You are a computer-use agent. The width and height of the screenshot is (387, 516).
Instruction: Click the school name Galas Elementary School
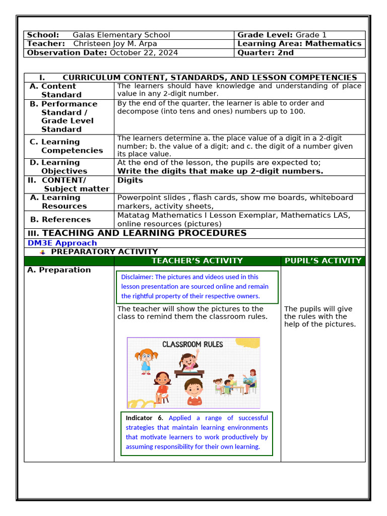(x=121, y=35)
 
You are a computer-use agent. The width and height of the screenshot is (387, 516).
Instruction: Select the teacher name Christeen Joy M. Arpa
(x=115, y=44)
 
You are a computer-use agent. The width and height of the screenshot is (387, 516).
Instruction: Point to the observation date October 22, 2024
(x=144, y=52)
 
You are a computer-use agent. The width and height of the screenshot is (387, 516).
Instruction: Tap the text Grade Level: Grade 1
(x=282, y=35)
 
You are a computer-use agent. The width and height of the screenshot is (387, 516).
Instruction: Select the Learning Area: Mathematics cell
(x=299, y=44)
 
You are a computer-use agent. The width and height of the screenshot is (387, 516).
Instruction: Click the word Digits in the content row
(x=130, y=180)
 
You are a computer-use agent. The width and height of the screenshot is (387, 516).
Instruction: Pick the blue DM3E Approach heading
(x=62, y=243)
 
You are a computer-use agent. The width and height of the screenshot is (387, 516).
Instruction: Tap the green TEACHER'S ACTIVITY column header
(x=197, y=261)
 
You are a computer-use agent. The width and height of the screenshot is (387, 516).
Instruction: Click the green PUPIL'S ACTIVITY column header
(x=323, y=261)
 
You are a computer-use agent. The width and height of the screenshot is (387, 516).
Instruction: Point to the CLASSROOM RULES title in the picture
(x=192, y=345)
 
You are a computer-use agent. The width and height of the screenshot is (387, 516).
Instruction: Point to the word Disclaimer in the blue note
(x=137, y=277)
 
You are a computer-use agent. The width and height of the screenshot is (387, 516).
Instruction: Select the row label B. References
(x=60, y=219)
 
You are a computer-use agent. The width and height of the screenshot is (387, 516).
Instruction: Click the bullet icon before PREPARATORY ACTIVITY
(x=43, y=251)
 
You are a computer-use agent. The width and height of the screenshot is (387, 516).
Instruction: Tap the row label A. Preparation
(x=59, y=270)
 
